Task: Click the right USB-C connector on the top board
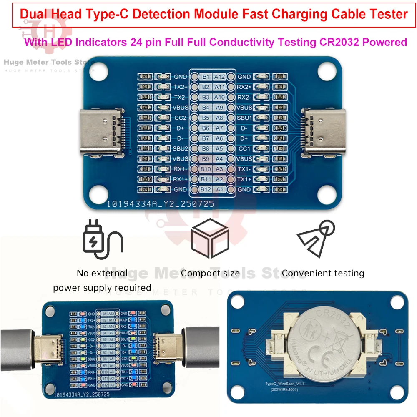pyautogui.click(x=318, y=132)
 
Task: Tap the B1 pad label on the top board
pyautogui.click(x=206, y=77)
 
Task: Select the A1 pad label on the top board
pyautogui.click(x=220, y=189)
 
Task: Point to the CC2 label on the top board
pyautogui.click(x=180, y=118)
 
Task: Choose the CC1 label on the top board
pyautogui.click(x=244, y=148)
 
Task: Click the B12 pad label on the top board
pyautogui.click(x=206, y=189)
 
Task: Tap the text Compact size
pyautogui.click(x=210, y=274)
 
